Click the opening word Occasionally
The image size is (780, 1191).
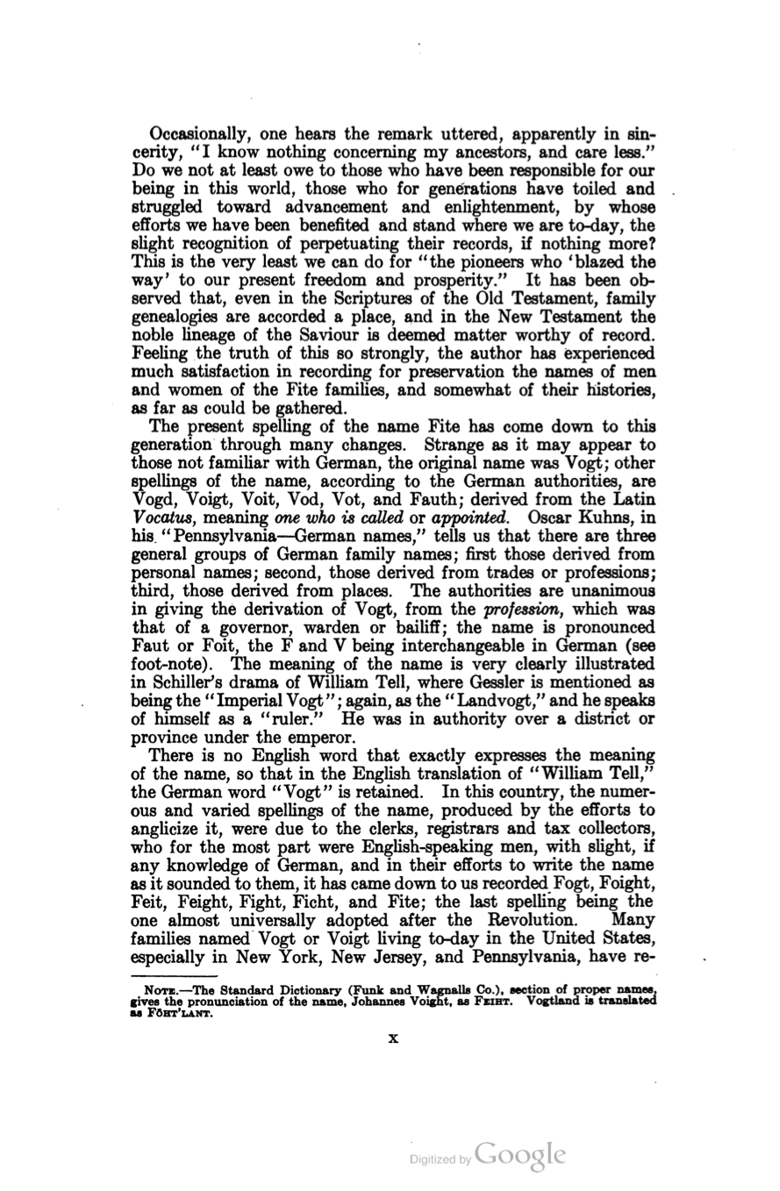tap(199, 135)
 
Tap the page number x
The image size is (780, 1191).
tap(392, 1038)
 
